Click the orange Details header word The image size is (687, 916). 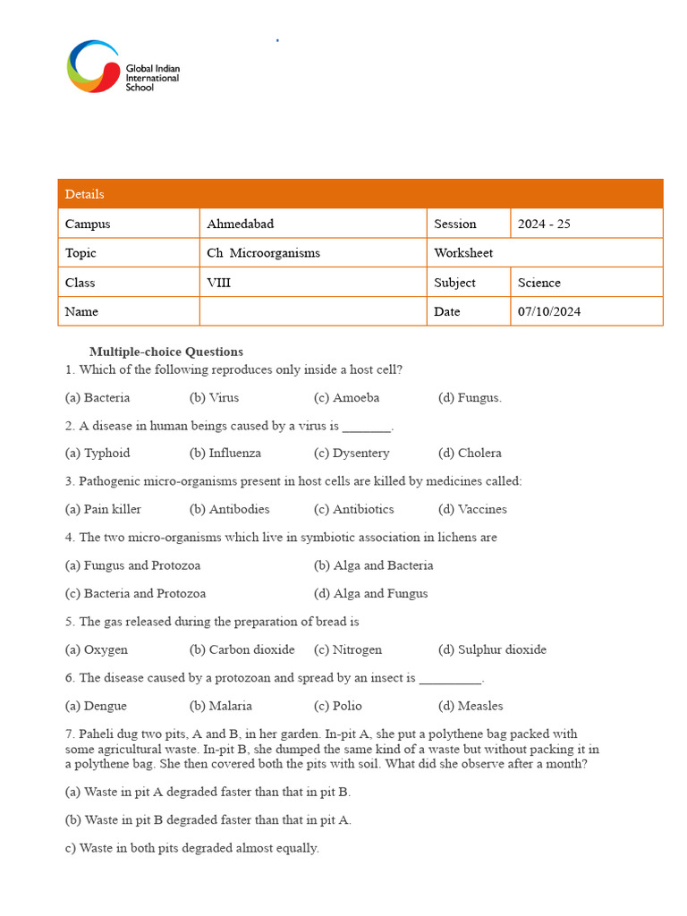point(85,194)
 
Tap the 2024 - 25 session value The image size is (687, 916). point(544,224)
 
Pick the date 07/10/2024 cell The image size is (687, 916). point(549,311)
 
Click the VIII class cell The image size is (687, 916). point(218,283)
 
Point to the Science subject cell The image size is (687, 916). point(539,283)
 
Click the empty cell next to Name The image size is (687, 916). point(312,311)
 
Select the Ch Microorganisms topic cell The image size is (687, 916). point(263,253)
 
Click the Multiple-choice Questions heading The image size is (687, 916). point(166,352)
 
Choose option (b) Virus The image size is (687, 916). point(215,397)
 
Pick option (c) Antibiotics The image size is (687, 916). point(354,509)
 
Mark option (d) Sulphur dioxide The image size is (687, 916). point(492,649)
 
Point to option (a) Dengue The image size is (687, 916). point(97,706)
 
